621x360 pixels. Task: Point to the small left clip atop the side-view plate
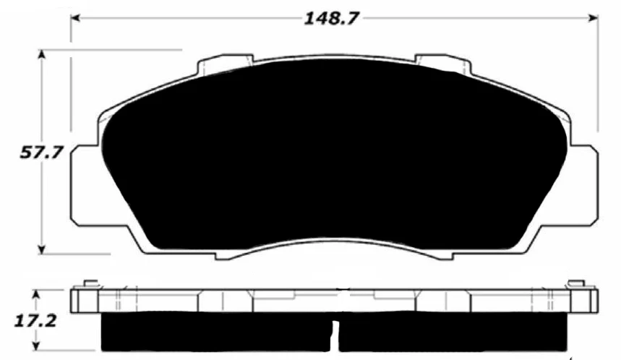pyautogui.click(x=90, y=283)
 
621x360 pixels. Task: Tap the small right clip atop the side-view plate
pyautogui.click(x=575, y=283)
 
